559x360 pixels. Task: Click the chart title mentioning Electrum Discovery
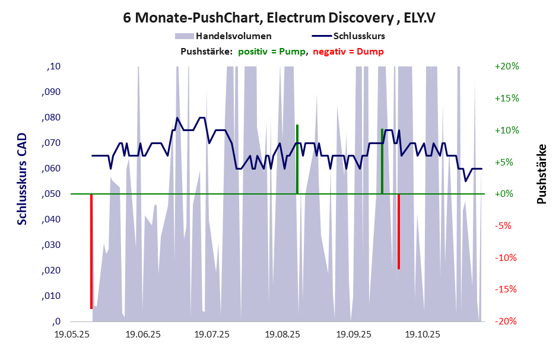[279, 17]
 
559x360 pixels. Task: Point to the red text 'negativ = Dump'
[348, 52]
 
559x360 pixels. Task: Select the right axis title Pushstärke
[542, 174]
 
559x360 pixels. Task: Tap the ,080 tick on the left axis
[53, 117]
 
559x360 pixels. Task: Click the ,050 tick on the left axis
[53, 194]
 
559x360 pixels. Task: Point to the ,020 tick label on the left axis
[53, 270]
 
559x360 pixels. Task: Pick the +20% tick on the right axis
[507, 66]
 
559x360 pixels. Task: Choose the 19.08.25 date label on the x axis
[282, 334]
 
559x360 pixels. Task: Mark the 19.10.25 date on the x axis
[423, 334]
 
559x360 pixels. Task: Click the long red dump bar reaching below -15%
[91, 251]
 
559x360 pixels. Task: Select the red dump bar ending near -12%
[399, 231]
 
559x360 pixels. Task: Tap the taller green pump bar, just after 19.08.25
[297, 159]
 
